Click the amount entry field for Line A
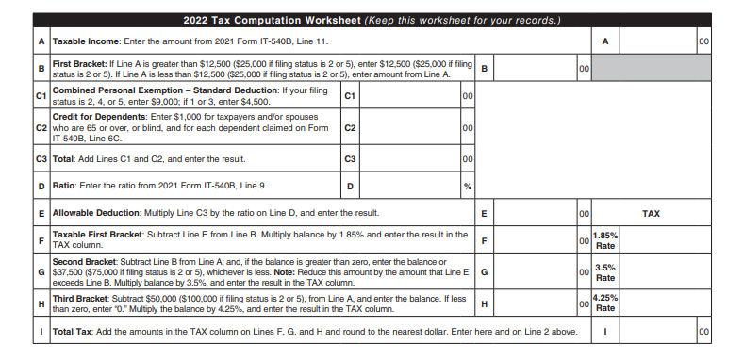coord(658,42)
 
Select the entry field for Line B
coord(535,68)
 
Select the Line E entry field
coord(535,214)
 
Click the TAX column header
coord(651,214)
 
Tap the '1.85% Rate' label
coord(605,240)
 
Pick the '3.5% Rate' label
coord(605,272)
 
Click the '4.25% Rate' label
coord(605,303)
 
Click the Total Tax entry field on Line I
coord(658,332)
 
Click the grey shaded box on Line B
coord(651,68)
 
